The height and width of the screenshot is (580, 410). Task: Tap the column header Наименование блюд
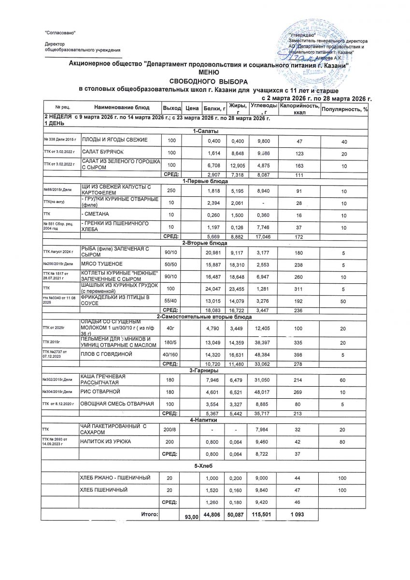[x=122, y=107]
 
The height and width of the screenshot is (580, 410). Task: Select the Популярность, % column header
[x=344, y=109]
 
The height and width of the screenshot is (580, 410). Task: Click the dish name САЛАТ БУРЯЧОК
[x=99, y=153]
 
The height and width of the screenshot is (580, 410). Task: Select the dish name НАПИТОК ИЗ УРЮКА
[x=106, y=442]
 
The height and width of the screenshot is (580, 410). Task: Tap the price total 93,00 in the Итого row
[x=192, y=517]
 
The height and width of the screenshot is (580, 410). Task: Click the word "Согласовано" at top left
[x=60, y=33]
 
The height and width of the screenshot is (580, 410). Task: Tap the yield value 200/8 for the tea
[x=169, y=429]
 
